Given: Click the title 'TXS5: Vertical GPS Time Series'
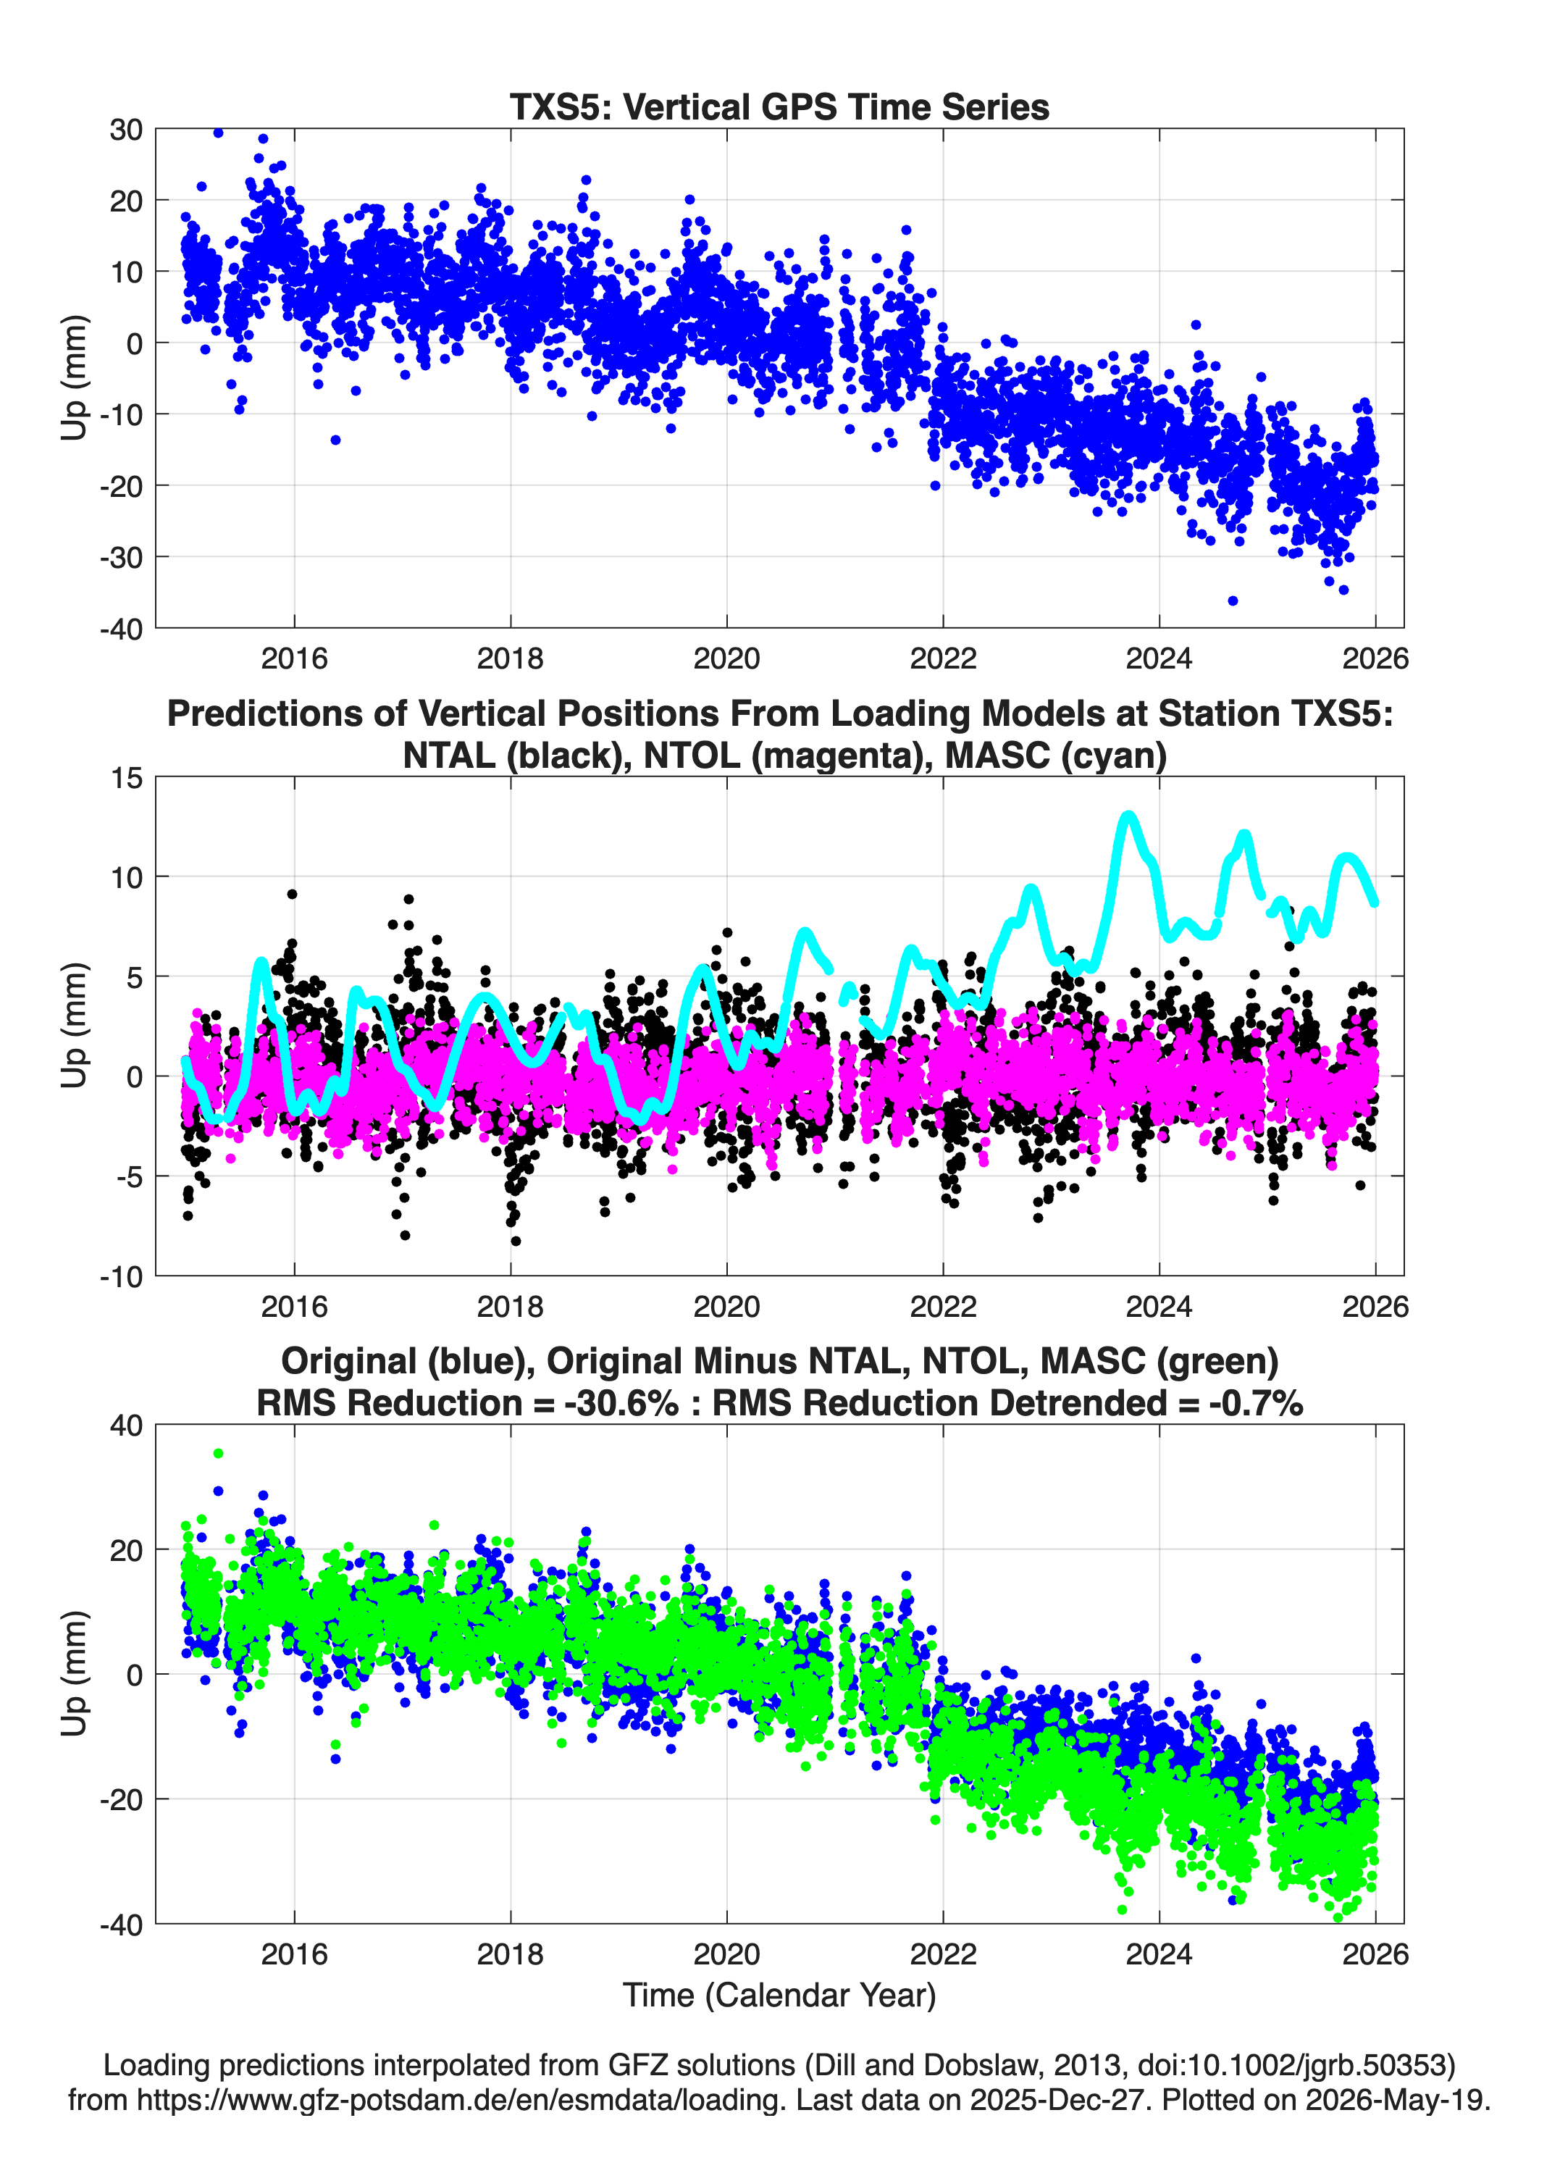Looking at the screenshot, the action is coord(779,106).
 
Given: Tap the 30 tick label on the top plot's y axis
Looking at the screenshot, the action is coord(126,130).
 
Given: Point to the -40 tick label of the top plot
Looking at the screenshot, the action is coord(121,629).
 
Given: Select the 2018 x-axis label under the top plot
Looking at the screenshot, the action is coord(511,658).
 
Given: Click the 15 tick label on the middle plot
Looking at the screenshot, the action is coord(127,778).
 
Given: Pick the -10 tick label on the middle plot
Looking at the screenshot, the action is coord(121,1276).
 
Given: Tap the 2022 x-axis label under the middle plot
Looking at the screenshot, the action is coord(943,1306).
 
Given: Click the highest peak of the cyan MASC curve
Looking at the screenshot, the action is coord(1128,815).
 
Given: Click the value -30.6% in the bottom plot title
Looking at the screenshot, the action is coord(622,1403).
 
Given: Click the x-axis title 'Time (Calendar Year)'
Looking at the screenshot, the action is coord(779,1994).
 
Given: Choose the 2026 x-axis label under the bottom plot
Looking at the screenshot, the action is coord(1375,1954).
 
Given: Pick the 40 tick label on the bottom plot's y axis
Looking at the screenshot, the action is coord(126,1426).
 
